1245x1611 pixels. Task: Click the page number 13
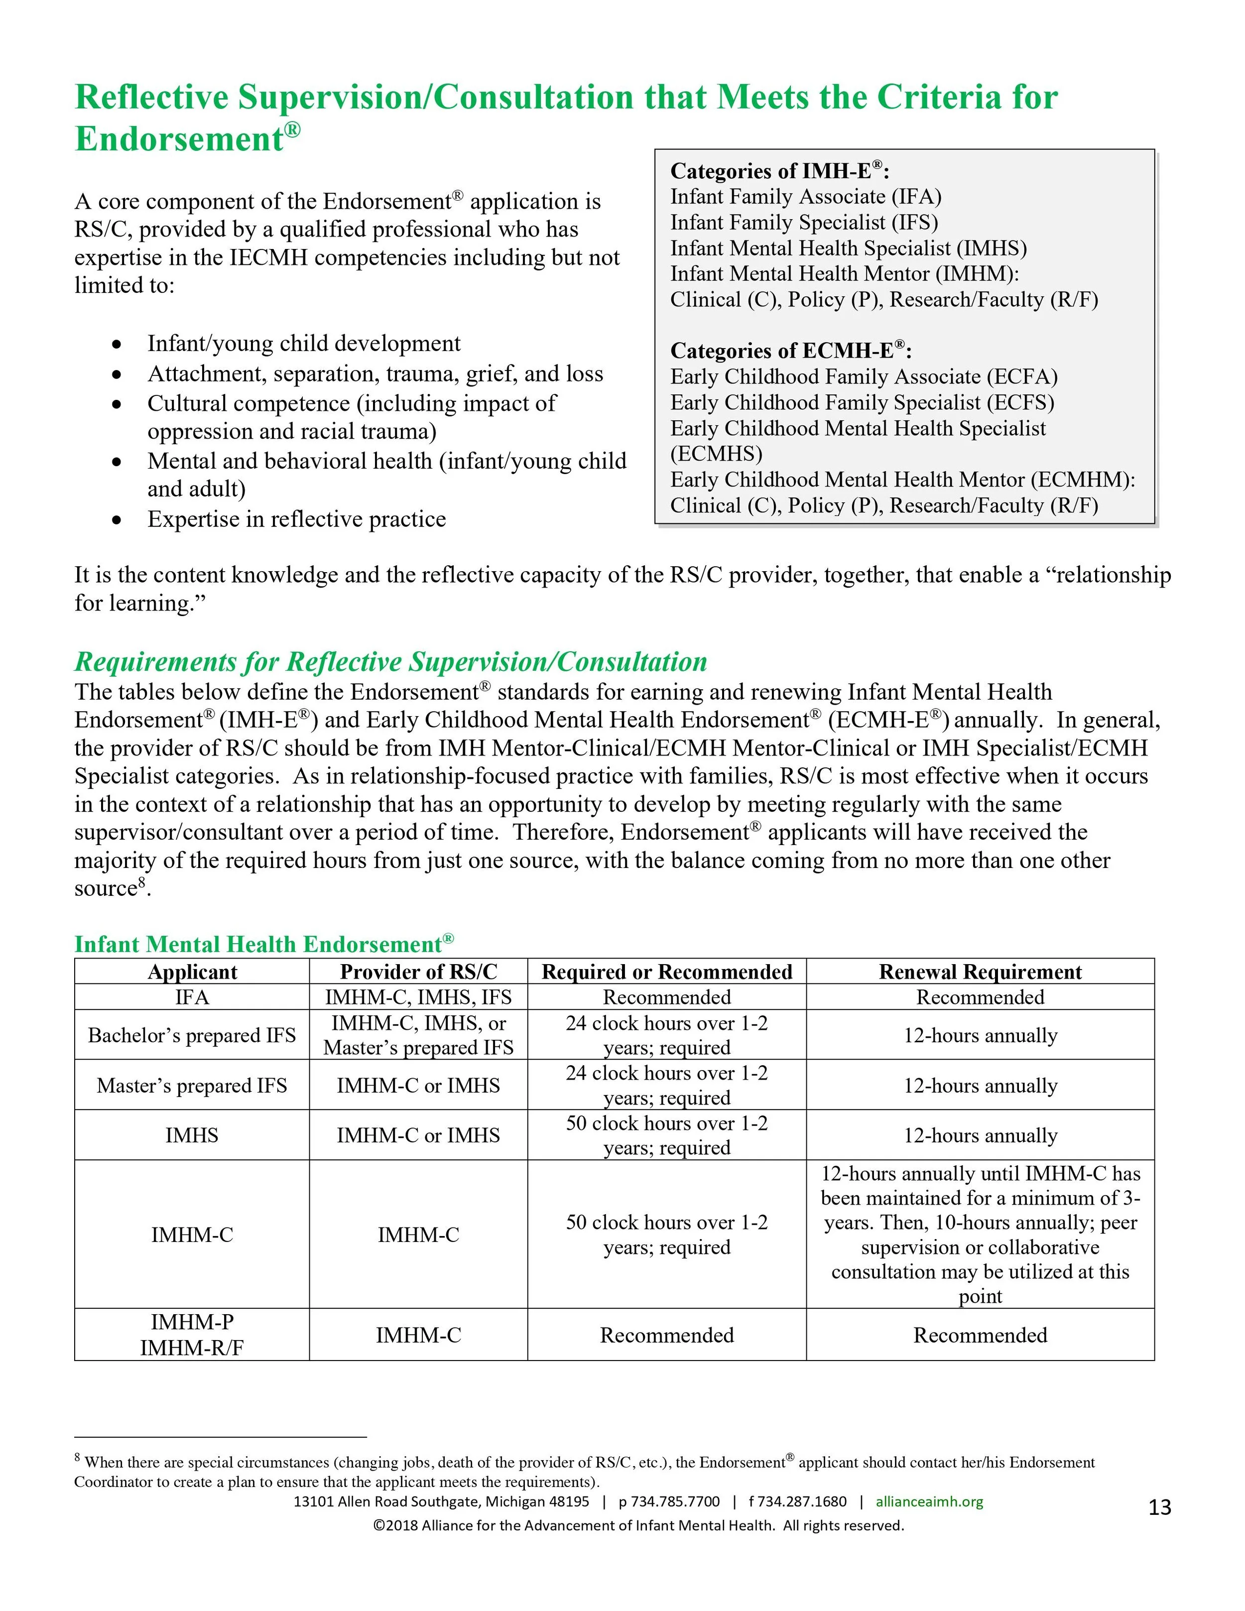tap(1159, 1507)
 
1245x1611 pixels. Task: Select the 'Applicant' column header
tap(192, 972)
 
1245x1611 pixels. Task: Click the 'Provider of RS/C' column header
tap(418, 972)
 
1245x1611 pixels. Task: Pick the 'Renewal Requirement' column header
tap(980, 972)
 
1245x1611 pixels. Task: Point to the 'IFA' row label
tap(192, 997)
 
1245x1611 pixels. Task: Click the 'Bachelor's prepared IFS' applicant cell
tap(192, 1035)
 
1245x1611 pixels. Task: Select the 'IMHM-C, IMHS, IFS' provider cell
tap(418, 997)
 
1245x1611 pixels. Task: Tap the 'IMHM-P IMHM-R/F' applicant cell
tap(192, 1335)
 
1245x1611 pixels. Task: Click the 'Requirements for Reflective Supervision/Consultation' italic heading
tap(391, 662)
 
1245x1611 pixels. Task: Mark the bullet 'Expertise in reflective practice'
tap(296, 519)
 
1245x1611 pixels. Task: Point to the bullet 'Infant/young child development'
tap(304, 344)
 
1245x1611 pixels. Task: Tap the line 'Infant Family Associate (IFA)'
tap(805, 197)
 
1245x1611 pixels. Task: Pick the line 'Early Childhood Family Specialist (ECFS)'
tap(862, 403)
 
